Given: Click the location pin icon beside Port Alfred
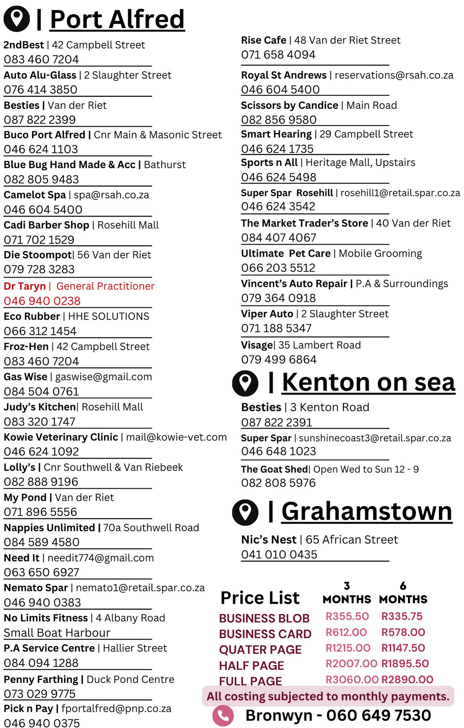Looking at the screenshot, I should [x=16, y=20].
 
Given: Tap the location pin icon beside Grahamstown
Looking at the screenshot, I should [x=245, y=512].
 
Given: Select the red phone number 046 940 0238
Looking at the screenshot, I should [x=42, y=301].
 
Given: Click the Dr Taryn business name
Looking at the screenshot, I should [x=25, y=286].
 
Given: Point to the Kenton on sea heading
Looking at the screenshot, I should [x=368, y=383].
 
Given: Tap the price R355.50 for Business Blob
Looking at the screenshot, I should [x=347, y=616].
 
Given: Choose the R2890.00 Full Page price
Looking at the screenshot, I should [x=407, y=679].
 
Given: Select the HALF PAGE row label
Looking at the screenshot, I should [x=251, y=665].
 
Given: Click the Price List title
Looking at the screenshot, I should [x=260, y=598].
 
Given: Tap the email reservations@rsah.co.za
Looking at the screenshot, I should [x=394, y=75].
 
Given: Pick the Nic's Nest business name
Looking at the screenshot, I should [x=269, y=539].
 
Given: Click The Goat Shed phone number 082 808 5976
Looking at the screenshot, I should [x=278, y=483].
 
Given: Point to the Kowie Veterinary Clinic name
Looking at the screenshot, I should [x=61, y=437].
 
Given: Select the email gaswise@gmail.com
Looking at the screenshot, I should [x=103, y=377].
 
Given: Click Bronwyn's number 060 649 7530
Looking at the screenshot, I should [x=378, y=715].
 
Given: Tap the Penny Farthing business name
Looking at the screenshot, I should [x=41, y=679].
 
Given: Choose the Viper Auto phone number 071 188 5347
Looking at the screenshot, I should [x=276, y=328].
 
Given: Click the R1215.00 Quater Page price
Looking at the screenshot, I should [x=348, y=648].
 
